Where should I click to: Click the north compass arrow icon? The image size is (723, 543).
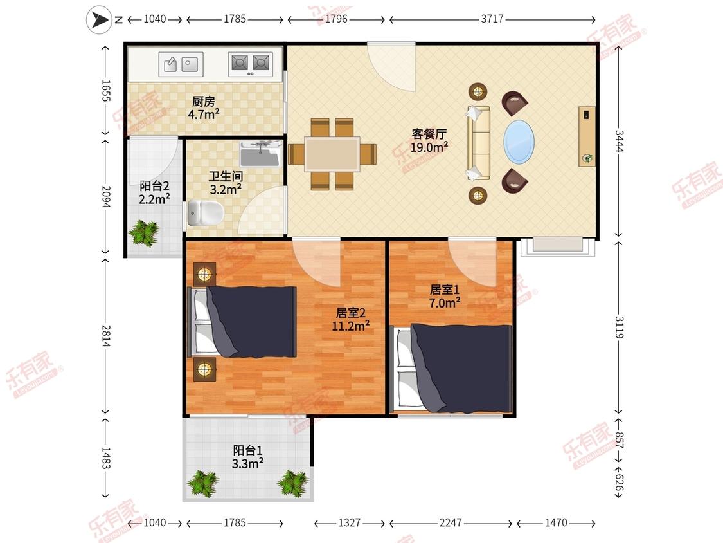(x=99, y=20)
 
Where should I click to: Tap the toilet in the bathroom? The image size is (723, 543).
(x=206, y=214)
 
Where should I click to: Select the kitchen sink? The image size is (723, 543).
(x=181, y=64)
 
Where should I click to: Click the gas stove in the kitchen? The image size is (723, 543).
(x=251, y=64)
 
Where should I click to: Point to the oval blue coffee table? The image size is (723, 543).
(x=520, y=142)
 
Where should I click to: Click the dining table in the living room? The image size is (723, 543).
(x=332, y=154)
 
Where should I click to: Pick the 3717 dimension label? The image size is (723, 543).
(x=492, y=19)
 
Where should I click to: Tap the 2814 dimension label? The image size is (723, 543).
(x=106, y=336)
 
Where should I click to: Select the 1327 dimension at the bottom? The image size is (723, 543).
(x=349, y=522)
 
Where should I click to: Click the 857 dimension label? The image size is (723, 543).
(x=620, y=440)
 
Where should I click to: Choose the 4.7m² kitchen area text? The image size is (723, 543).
(x=203, y=114)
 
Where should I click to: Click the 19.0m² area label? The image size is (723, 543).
(x=429, y=147)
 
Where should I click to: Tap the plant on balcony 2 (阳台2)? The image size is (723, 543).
(x=145, y=232)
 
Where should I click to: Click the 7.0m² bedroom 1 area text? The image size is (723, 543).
(x=445, y=303)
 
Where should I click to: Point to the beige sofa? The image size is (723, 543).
(x=479, y=143)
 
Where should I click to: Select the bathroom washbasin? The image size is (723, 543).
(x=260, y=154)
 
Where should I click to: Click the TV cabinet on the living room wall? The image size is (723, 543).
(x=587, y=136)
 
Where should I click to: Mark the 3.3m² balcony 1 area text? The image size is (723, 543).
(x=247, y=464)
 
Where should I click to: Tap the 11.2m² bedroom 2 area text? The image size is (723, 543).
(x=351, y=326)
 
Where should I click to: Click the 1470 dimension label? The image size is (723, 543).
(x=556, y=522)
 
